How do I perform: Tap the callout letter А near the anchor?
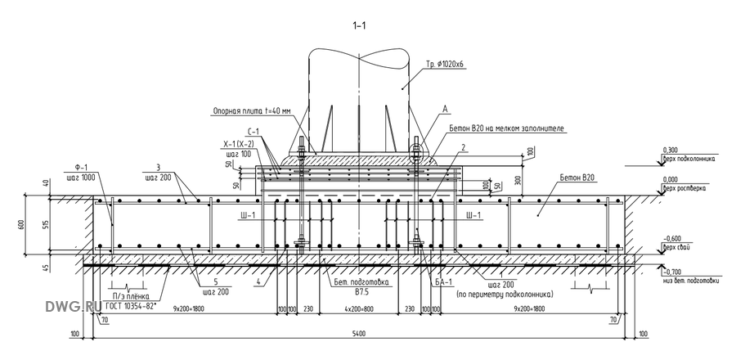[x=445, y=107]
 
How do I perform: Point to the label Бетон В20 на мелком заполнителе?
[x=507, y=129]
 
